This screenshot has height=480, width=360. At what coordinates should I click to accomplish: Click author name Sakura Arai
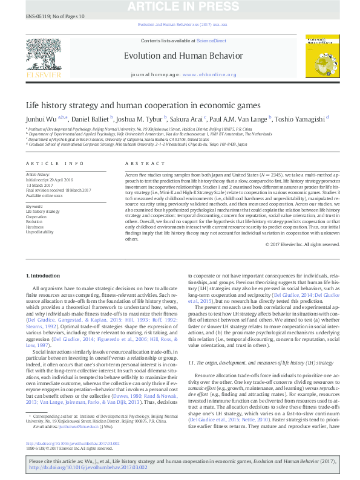coord(185,119)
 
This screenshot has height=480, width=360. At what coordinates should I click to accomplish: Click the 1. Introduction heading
coord(44,275)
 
